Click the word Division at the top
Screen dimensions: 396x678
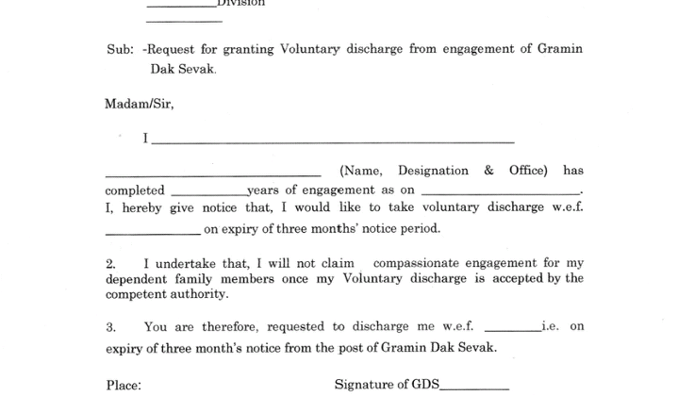point(241,3)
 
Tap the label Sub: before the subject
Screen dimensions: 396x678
point(120,48)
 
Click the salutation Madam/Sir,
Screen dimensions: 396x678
point(139,104)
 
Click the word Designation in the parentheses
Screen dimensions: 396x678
point(433,171)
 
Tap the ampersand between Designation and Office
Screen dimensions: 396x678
point(488,171)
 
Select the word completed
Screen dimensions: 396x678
point(134,190)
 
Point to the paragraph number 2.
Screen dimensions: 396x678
point(109,262)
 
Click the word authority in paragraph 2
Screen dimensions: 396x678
point(199,294)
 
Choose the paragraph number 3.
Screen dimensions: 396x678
point(109,326)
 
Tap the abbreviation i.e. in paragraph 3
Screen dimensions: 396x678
point(551,326)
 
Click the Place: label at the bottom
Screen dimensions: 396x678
point(123,385)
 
